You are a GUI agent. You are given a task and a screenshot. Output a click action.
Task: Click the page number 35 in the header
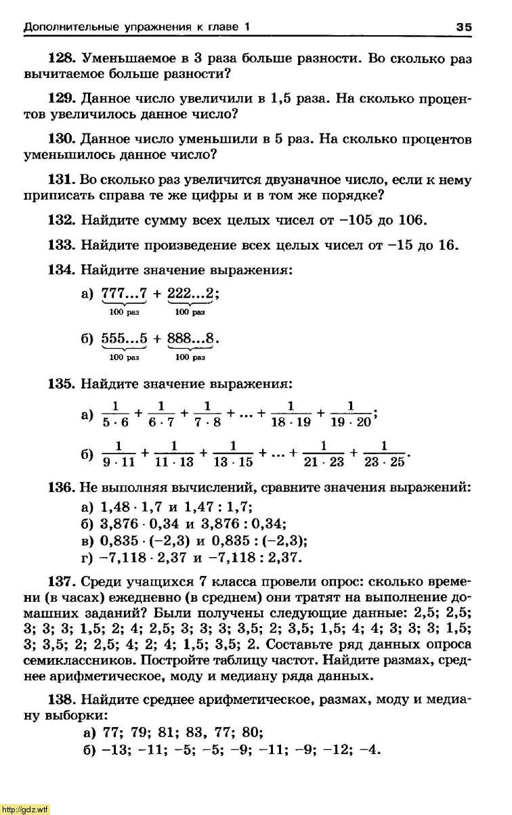(x=464, y=27)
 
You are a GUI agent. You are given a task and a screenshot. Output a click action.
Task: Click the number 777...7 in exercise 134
(x=124, y=294)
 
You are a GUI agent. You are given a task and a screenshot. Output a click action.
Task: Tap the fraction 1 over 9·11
(x=119, y=455)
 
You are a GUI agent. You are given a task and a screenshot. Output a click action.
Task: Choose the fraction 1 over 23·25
(x=384, y=455)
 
